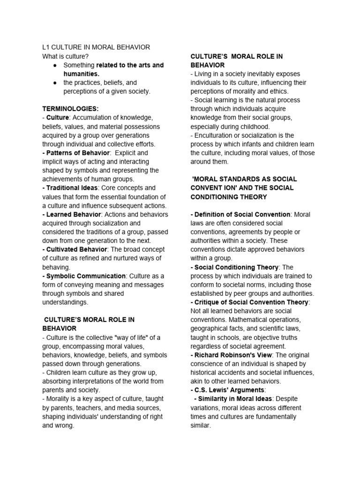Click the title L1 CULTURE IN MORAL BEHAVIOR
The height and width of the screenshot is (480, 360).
96,47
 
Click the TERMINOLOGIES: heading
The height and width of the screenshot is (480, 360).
70,109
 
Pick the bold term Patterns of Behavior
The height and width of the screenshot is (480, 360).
78,153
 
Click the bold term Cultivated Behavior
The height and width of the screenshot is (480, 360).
77,249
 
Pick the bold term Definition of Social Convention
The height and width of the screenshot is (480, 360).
242,214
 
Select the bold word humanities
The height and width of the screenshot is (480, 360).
82,74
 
